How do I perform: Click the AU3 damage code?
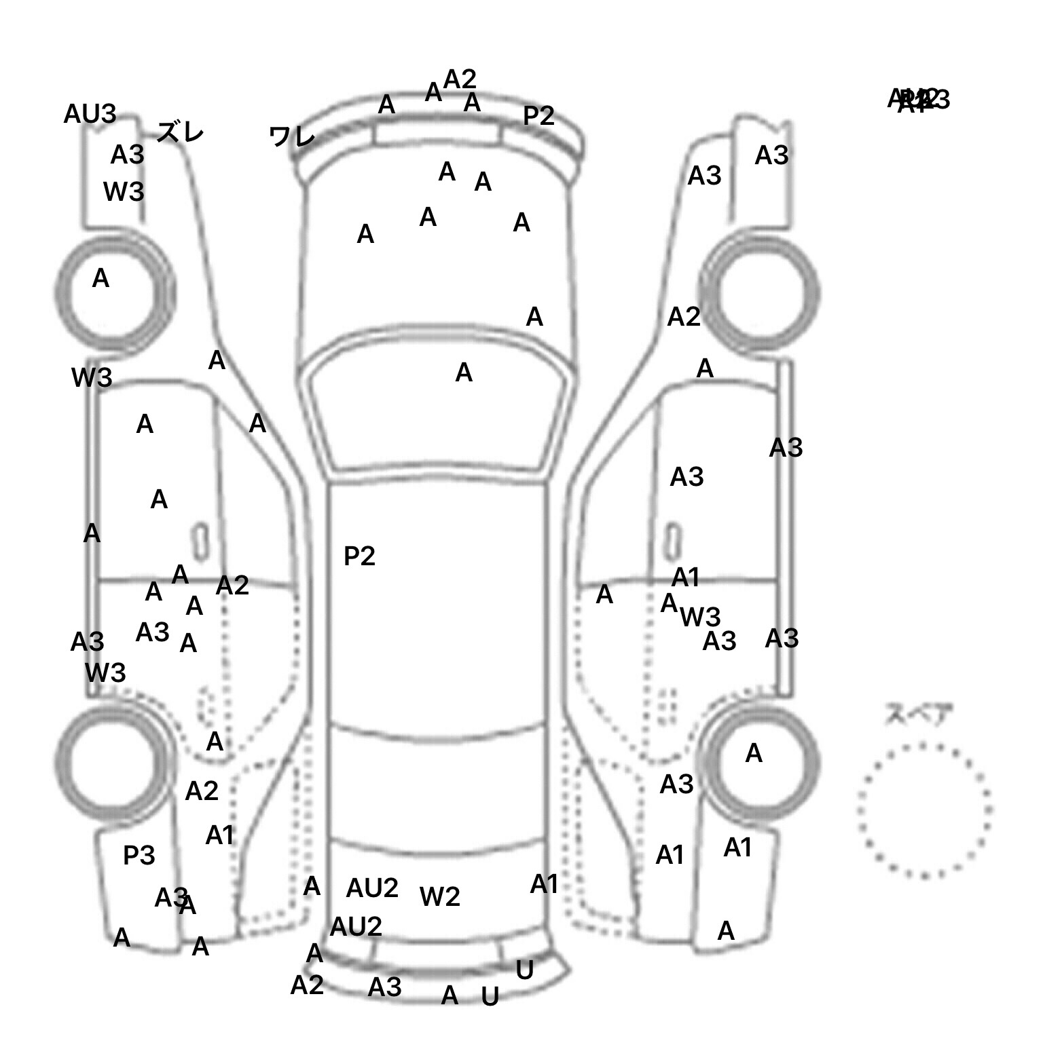[90, 114]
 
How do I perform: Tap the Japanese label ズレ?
[180, 132]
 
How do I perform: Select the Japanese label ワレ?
[292, 136]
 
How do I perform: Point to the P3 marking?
[139, 856]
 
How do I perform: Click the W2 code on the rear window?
[440, 897]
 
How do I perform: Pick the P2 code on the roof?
[359, 556]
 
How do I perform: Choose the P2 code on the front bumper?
[538, 116]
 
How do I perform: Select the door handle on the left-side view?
[200, 541]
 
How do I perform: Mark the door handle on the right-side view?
[673, 541]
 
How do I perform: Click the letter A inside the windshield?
[464, 373]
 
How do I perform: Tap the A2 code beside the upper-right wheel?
[684, 317]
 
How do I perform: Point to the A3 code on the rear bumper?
[384, 987]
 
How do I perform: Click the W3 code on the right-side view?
[700, 617]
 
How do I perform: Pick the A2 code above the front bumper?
[460, 79]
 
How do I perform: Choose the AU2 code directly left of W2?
[372, 888]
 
